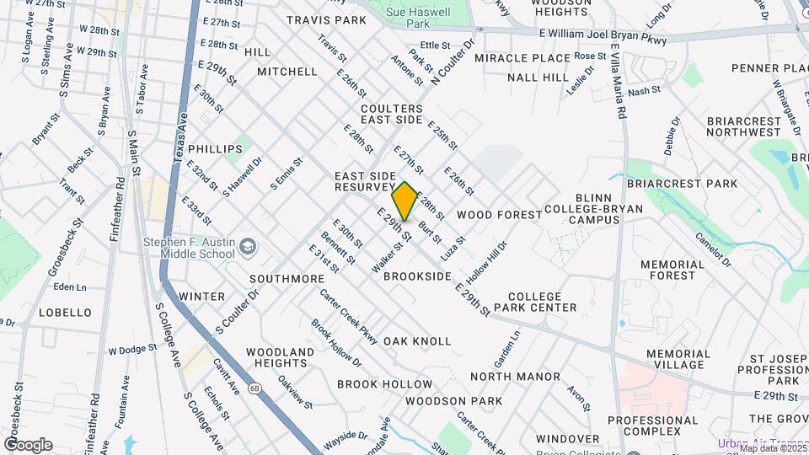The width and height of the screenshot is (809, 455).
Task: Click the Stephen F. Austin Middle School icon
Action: pos(247,247)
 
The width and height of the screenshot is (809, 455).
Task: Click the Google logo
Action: pos(28,444)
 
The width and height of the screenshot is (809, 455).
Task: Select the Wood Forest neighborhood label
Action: pos(500,215)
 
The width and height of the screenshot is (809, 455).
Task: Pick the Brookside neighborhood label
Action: pos(417,276)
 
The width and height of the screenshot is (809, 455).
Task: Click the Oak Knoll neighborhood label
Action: pos(417,341)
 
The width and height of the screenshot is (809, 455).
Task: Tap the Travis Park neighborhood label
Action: pos(326,19)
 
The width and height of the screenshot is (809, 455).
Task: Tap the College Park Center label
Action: pos(541,302)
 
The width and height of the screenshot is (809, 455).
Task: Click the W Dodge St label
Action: pos(132,348)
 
